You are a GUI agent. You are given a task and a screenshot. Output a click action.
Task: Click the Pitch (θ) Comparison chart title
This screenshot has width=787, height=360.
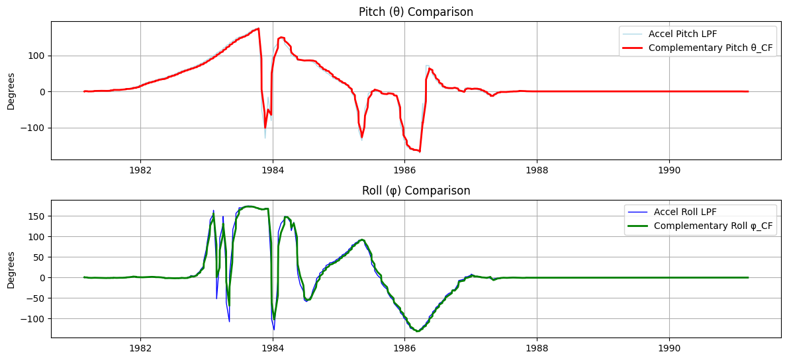(x=416, y=12)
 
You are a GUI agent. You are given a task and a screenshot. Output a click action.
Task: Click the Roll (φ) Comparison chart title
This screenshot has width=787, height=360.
(x=416, y=191)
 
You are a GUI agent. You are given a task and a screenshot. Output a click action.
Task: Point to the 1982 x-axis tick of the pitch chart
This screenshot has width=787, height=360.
(x=140, y=169)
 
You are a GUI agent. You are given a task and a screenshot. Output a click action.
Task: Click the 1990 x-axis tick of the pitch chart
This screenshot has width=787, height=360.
(x=669, y=169)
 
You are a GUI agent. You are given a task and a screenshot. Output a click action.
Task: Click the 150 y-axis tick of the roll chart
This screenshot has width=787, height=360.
(x=38, y=216)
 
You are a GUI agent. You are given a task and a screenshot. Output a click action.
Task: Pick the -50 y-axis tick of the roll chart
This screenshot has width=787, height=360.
(x=36, y=298)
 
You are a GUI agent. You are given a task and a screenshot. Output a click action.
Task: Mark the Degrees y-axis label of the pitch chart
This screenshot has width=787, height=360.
(x=11, y=91)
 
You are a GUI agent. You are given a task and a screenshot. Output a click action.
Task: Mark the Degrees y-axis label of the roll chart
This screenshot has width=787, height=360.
(x=11, y=269)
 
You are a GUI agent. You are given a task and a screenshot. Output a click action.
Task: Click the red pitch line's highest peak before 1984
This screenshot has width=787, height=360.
(x=258, y=28)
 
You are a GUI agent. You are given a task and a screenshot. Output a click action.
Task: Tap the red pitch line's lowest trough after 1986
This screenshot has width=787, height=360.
(x=420, y=152)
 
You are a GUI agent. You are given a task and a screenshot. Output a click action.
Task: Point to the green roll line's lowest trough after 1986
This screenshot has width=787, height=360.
(x=418, y=331)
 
